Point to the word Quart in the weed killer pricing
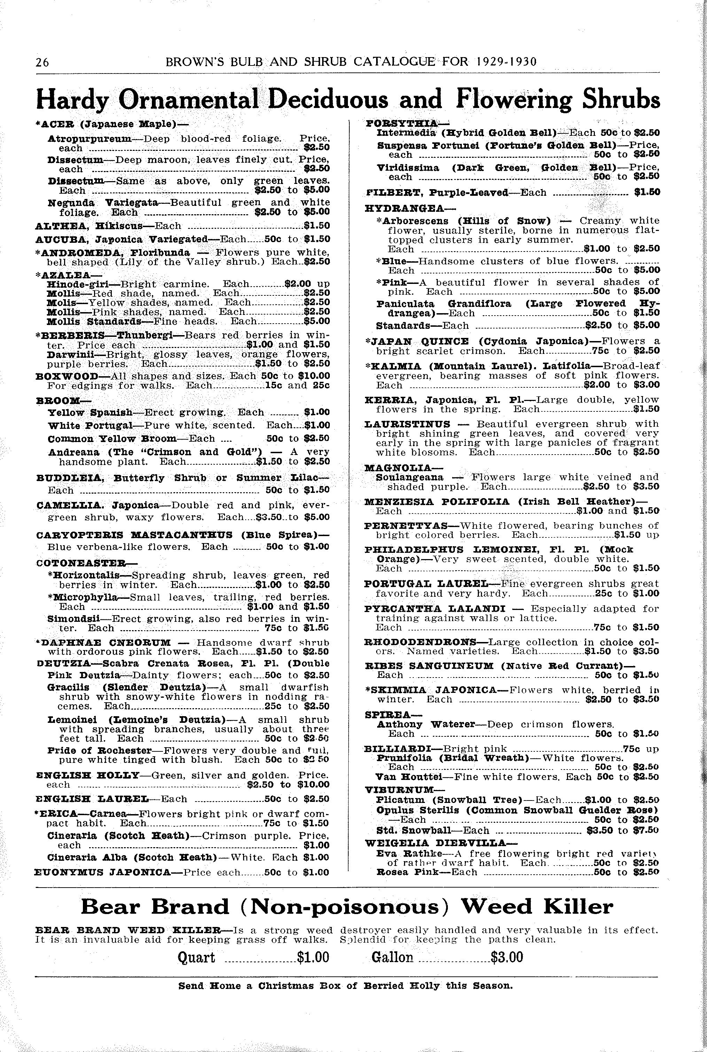tap(196, 957)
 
